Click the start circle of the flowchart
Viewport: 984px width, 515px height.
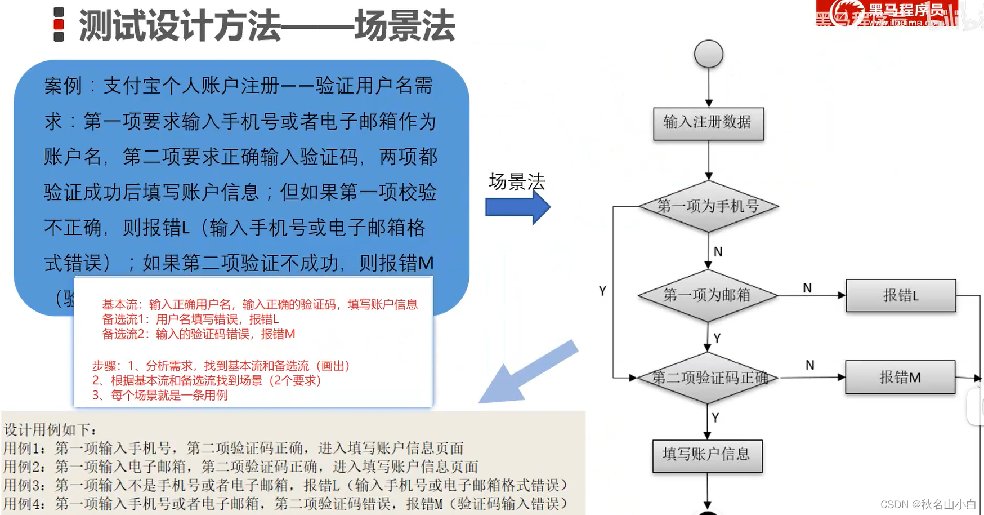pos(708,54)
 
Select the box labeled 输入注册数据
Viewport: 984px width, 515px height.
pos(708,123)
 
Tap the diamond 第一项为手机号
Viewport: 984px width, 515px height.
pos(708,206)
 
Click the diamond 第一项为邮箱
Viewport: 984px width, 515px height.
pos(708,295)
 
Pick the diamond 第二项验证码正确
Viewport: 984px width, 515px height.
pos(708,378)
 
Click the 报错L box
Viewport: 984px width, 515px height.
pos(901,295)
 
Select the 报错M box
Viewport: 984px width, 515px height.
pos(900,377)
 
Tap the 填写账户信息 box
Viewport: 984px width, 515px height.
pos(707,455)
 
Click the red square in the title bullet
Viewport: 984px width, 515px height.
pos(59,24)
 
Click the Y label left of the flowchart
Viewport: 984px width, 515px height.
pos(602,291)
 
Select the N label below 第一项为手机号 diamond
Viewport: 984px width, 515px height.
pos(718,252)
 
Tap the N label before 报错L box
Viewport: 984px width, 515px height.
pos(807,288)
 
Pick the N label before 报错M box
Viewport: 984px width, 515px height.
pos(809,365)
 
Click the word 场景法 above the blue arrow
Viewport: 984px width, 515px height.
pos(517,181)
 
